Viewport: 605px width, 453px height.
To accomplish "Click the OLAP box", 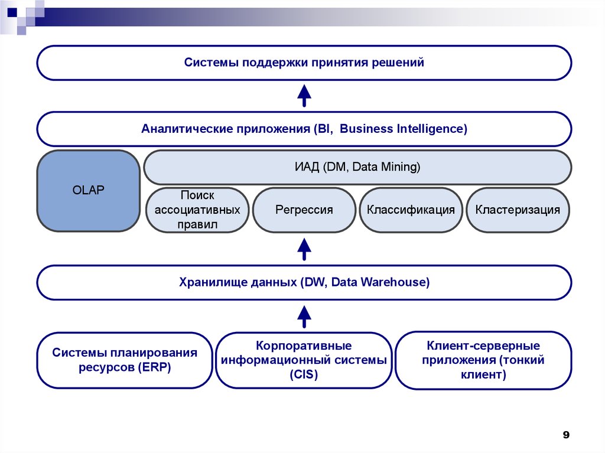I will [88, 191].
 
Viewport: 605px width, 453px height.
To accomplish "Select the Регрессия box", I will [304, 210].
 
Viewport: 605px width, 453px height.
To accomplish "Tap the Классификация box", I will [411, 210].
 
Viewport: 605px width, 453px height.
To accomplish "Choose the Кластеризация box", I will [518, 210].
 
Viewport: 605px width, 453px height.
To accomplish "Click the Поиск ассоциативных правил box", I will [197, 210].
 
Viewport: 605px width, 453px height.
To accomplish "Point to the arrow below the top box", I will [304, 95].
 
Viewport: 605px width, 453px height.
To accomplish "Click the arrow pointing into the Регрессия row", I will [304, 249].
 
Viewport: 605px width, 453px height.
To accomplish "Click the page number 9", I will [565, 435].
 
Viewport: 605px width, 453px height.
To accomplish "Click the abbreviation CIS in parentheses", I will [304, 374].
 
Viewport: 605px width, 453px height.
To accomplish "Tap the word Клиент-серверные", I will [483, 346].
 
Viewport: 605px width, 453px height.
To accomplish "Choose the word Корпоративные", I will [304, 346].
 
